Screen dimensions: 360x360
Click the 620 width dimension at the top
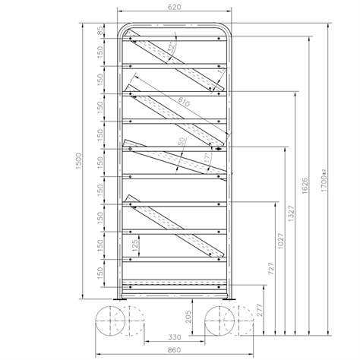(x=175, y=7)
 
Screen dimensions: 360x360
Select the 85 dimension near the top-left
(x=100, y=32)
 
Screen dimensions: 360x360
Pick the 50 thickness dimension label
(x=182, y=142)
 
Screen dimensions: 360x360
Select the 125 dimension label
(x=135, y=245)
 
